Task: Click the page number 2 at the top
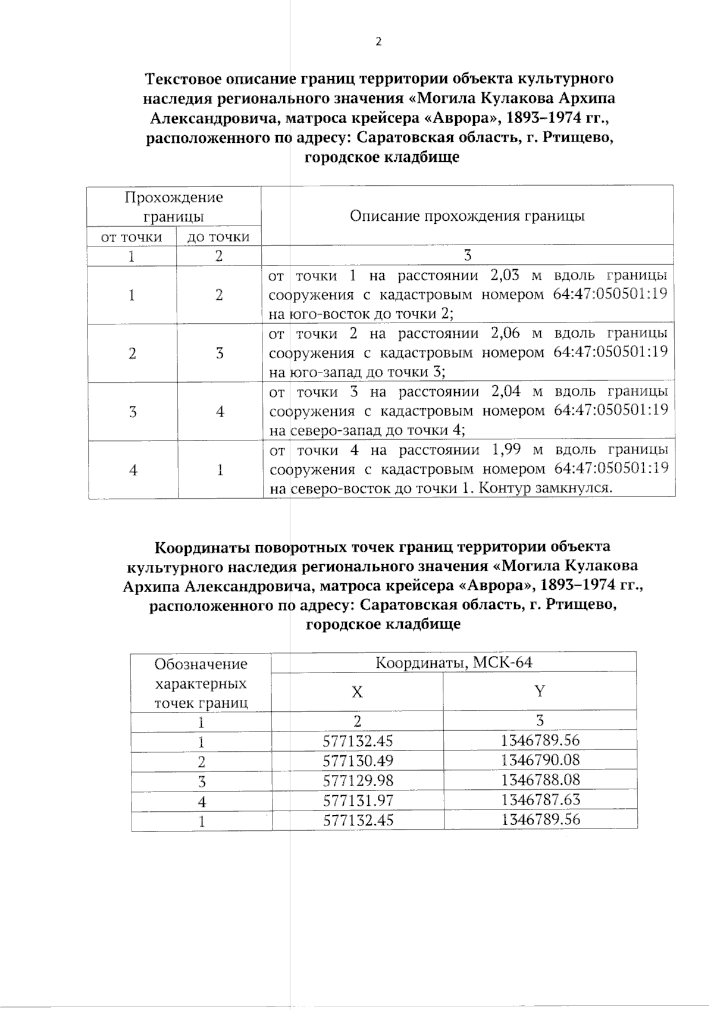(x=378, y=42)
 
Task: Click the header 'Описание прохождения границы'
(x=467, y=215)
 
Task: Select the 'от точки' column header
(x=131, y=237)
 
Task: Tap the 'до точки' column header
(x=218, y=237)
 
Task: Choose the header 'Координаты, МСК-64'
(x=453, y=662)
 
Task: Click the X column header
(x=357, y=692)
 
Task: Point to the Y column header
(x=540, y=692)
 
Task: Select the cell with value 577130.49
(x=358, y=761)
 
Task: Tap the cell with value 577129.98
(x=358, y=780)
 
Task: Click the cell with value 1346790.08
(x=540, y=760)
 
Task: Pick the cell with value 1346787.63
(x=540, y=799)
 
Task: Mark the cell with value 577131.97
(x=358, y=801)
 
